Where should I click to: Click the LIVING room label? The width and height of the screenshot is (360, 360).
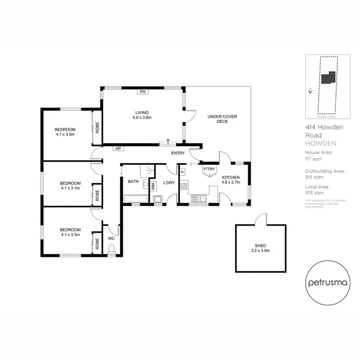tap(142, 112)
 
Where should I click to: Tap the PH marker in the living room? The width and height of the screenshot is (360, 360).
tap(143, 91)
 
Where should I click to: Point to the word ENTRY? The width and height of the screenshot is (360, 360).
tap(178, 153)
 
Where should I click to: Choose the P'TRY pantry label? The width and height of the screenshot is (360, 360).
tap(209, 169)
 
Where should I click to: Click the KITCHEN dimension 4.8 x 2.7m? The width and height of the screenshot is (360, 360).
tap(230, 183)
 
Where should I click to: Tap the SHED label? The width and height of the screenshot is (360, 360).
tap(260, 245)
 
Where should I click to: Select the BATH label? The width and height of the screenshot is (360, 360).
tap(133, 181)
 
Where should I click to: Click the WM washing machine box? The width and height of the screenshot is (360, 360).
tap(153, 185)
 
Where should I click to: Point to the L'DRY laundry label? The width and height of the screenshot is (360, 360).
tap(168, 183)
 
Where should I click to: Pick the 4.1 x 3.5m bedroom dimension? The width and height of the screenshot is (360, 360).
tap(65, 135)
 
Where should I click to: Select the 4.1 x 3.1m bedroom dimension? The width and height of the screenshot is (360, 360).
tap(70, 189)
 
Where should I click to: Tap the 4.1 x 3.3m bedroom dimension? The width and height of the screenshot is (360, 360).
tap(70, 235)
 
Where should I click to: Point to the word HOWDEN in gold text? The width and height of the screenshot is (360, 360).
tap(321, 144)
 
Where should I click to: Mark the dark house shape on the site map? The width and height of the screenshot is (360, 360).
tap(328, 78)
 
